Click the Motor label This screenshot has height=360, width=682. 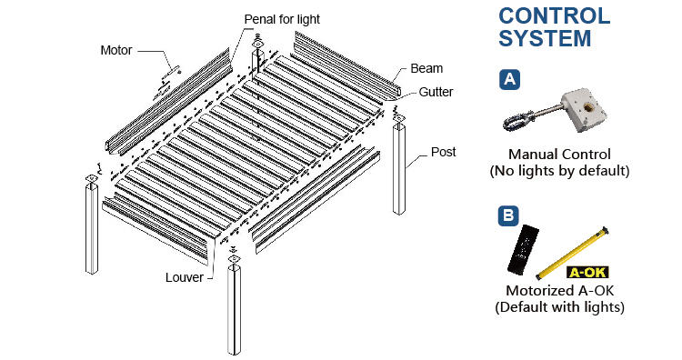coord(116,50)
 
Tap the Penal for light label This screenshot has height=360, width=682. coord(282,20)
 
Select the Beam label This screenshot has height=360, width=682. coord(426,69)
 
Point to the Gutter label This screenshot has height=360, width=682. coord(436,92)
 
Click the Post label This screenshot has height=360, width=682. coord(443,152)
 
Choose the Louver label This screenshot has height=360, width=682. coord(185,277)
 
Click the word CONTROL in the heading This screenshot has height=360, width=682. coord(555,16)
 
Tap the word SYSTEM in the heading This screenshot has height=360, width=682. coord(545,38)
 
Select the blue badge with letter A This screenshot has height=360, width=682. coord(509,79)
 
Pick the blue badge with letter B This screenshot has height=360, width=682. coord(509,215)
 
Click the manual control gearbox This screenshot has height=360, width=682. coord(584,110)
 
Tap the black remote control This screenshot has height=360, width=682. coord(523,250)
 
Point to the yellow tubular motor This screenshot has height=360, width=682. coord(572,253)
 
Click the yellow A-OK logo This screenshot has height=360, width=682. coord(587,273)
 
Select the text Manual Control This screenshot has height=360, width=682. coord(559,155)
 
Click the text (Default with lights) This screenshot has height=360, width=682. coord(560,307)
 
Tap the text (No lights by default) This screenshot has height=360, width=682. coord(560,171)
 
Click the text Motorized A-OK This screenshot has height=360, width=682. coord(560,290)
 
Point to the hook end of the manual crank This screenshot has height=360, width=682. coord(517,120)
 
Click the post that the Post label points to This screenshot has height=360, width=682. coord(399,169)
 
